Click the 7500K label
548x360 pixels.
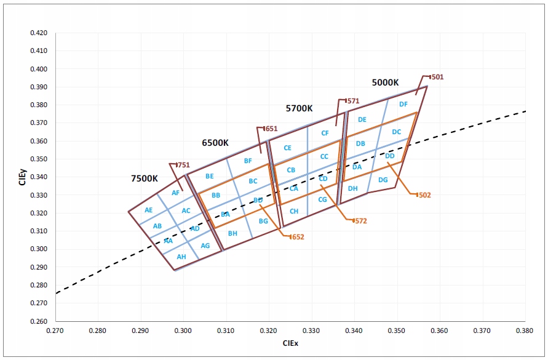(145, 178)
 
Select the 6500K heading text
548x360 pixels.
(215, 143)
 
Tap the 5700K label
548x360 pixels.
(300, 108)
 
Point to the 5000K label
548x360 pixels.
(386, 82)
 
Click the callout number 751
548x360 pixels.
(183, 165)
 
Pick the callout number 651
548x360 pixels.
(271, 129)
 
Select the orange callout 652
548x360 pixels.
(297, 237)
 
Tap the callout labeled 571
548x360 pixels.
(353, 101)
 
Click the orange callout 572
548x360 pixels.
(360, 220)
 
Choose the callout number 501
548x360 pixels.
(437, 78)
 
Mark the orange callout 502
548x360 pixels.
(424, 195)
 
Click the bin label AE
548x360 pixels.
(148, 210)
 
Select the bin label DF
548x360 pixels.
(403, 104)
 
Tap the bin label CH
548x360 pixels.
(294, 211)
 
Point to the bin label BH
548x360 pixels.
(232, 233)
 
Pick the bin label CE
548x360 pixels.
(287, 148)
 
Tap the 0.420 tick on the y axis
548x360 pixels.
(38, 33)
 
